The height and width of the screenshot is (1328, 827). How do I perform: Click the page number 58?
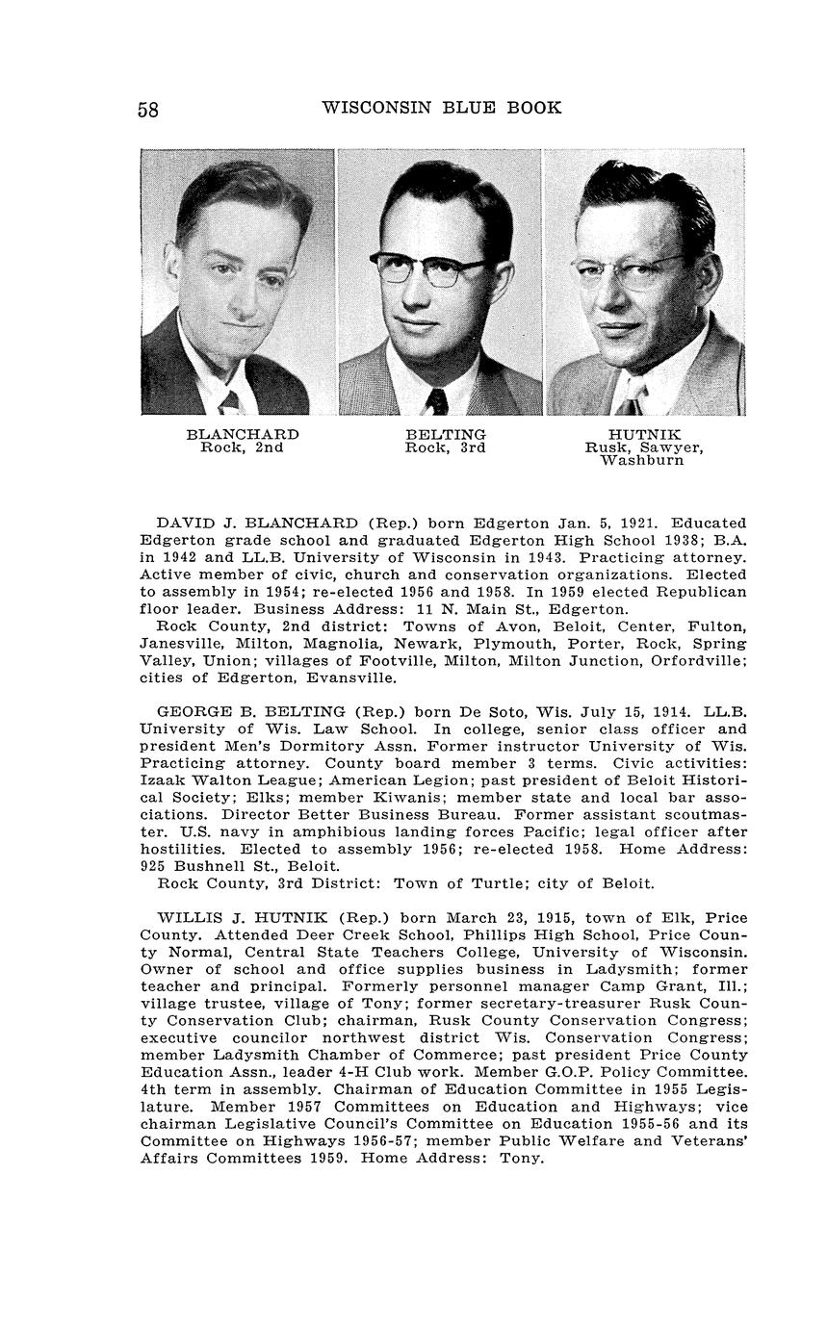tap(148, 110)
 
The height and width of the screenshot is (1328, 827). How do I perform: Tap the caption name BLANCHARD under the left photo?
tap(243, 435)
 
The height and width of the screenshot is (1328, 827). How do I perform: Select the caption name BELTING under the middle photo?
tap(446, 435)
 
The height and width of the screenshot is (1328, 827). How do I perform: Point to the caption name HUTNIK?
tap(644, 435)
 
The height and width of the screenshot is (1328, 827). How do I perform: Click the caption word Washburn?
tap(642, 460)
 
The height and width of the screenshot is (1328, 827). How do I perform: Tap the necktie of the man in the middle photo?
tap(437, 401)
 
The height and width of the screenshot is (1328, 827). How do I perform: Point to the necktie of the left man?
tap(229, 402)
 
